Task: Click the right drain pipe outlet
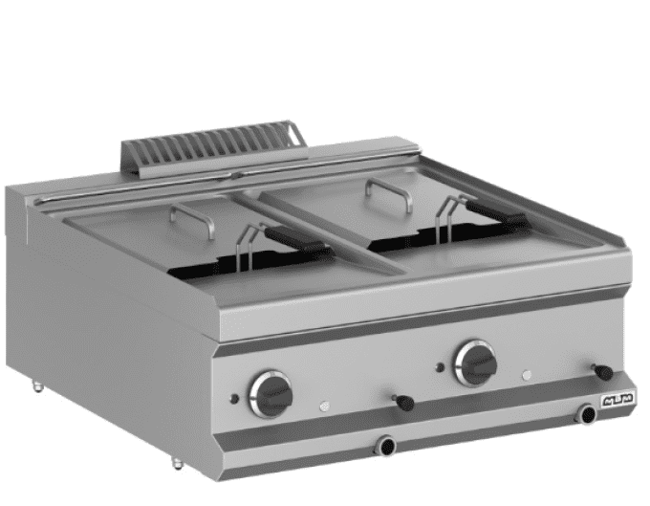(x=584, y=413)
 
